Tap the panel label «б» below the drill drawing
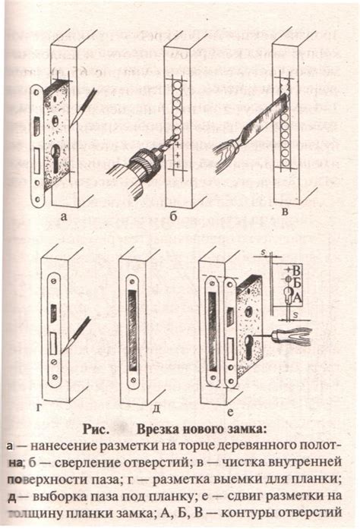(173, 219)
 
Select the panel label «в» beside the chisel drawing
(285, 213)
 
